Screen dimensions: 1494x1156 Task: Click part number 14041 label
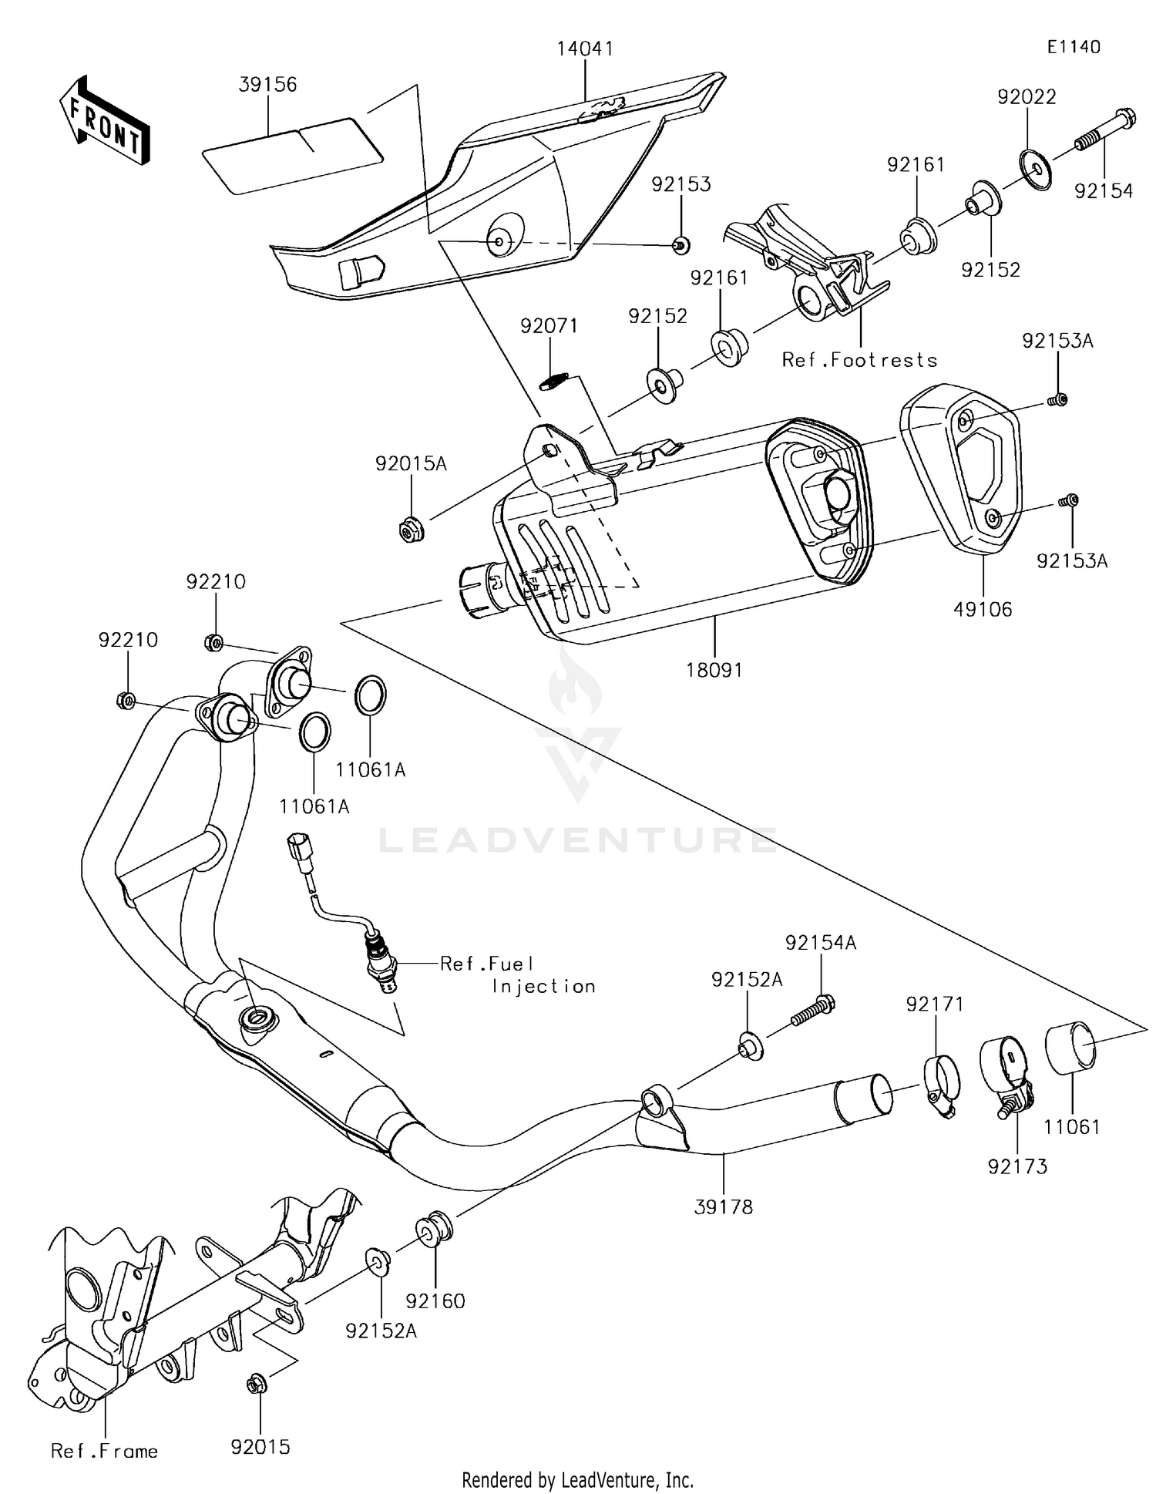pyautogui.click(x=586, y=49)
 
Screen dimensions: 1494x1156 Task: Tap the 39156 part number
pyautogui.click(x=267, y=85)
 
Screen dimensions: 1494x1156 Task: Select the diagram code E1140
pyautogui.click(x=1074, y=47)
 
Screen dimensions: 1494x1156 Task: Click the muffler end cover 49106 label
pyautogui.click(x=983, y=610)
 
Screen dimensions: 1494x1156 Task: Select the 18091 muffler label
pyautogui.click(x=714, y=670)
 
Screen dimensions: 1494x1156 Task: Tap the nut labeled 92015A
pyautogui.click(x=412, y=530)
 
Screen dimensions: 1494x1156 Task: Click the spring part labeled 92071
pyautogui.click(x=554, y=381)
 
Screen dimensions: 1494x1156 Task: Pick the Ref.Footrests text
pyautogui.click(x=859, y=360)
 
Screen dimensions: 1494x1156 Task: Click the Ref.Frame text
pyautogui.click(x=104, y=1452)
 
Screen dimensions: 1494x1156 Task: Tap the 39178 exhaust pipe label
pyautogui.click(x=723, y=1207)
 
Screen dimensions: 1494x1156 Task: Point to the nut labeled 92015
pyautogui.click(x=257, y=1385)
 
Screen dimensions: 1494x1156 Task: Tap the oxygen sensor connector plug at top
pyautogui.click(x=297, y=846)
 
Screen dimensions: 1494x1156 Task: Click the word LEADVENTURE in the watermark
pyautogui.click(x=577, y=840)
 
